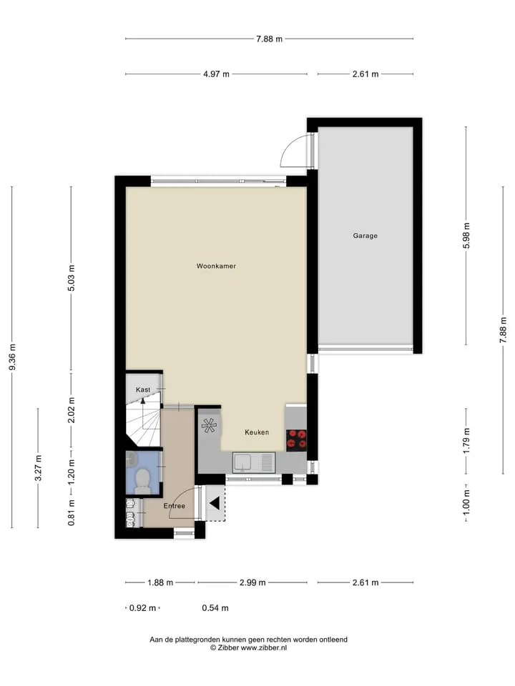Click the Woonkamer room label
pyautogui.click(x=216, y=266)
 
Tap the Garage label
pyautogui.click(x=366, y=236)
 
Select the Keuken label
pyautogui.click(x=257, y=432)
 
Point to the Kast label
pyautogui.click(x=143, y=389)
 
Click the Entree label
pyautogui.click(x=175, y=506)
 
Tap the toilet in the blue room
pyautogui.click(x=142, y=480)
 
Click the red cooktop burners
pyautogui.click(x=296, y=440)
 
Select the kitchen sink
pyautogui.click(x=254, y=463)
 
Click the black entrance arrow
pyautogui.click(x=214, y=503)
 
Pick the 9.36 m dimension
pyautogui.click(x=12, y=357)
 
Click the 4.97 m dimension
pyautogui.click(x=216, y=74)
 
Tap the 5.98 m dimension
pyautogui.click(x=466, y=236)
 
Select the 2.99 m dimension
pyautogui.click(x=252, y=582)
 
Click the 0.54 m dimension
pyautogui.click(x=215, y=607)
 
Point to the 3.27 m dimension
pyautogui.click(x=38, y=467)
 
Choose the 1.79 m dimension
pyautogui.click(x=466, y=441)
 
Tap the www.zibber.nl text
pyautogui.click(x=264, y=648)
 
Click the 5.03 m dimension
pyautogui.click(x=72, y=278)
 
